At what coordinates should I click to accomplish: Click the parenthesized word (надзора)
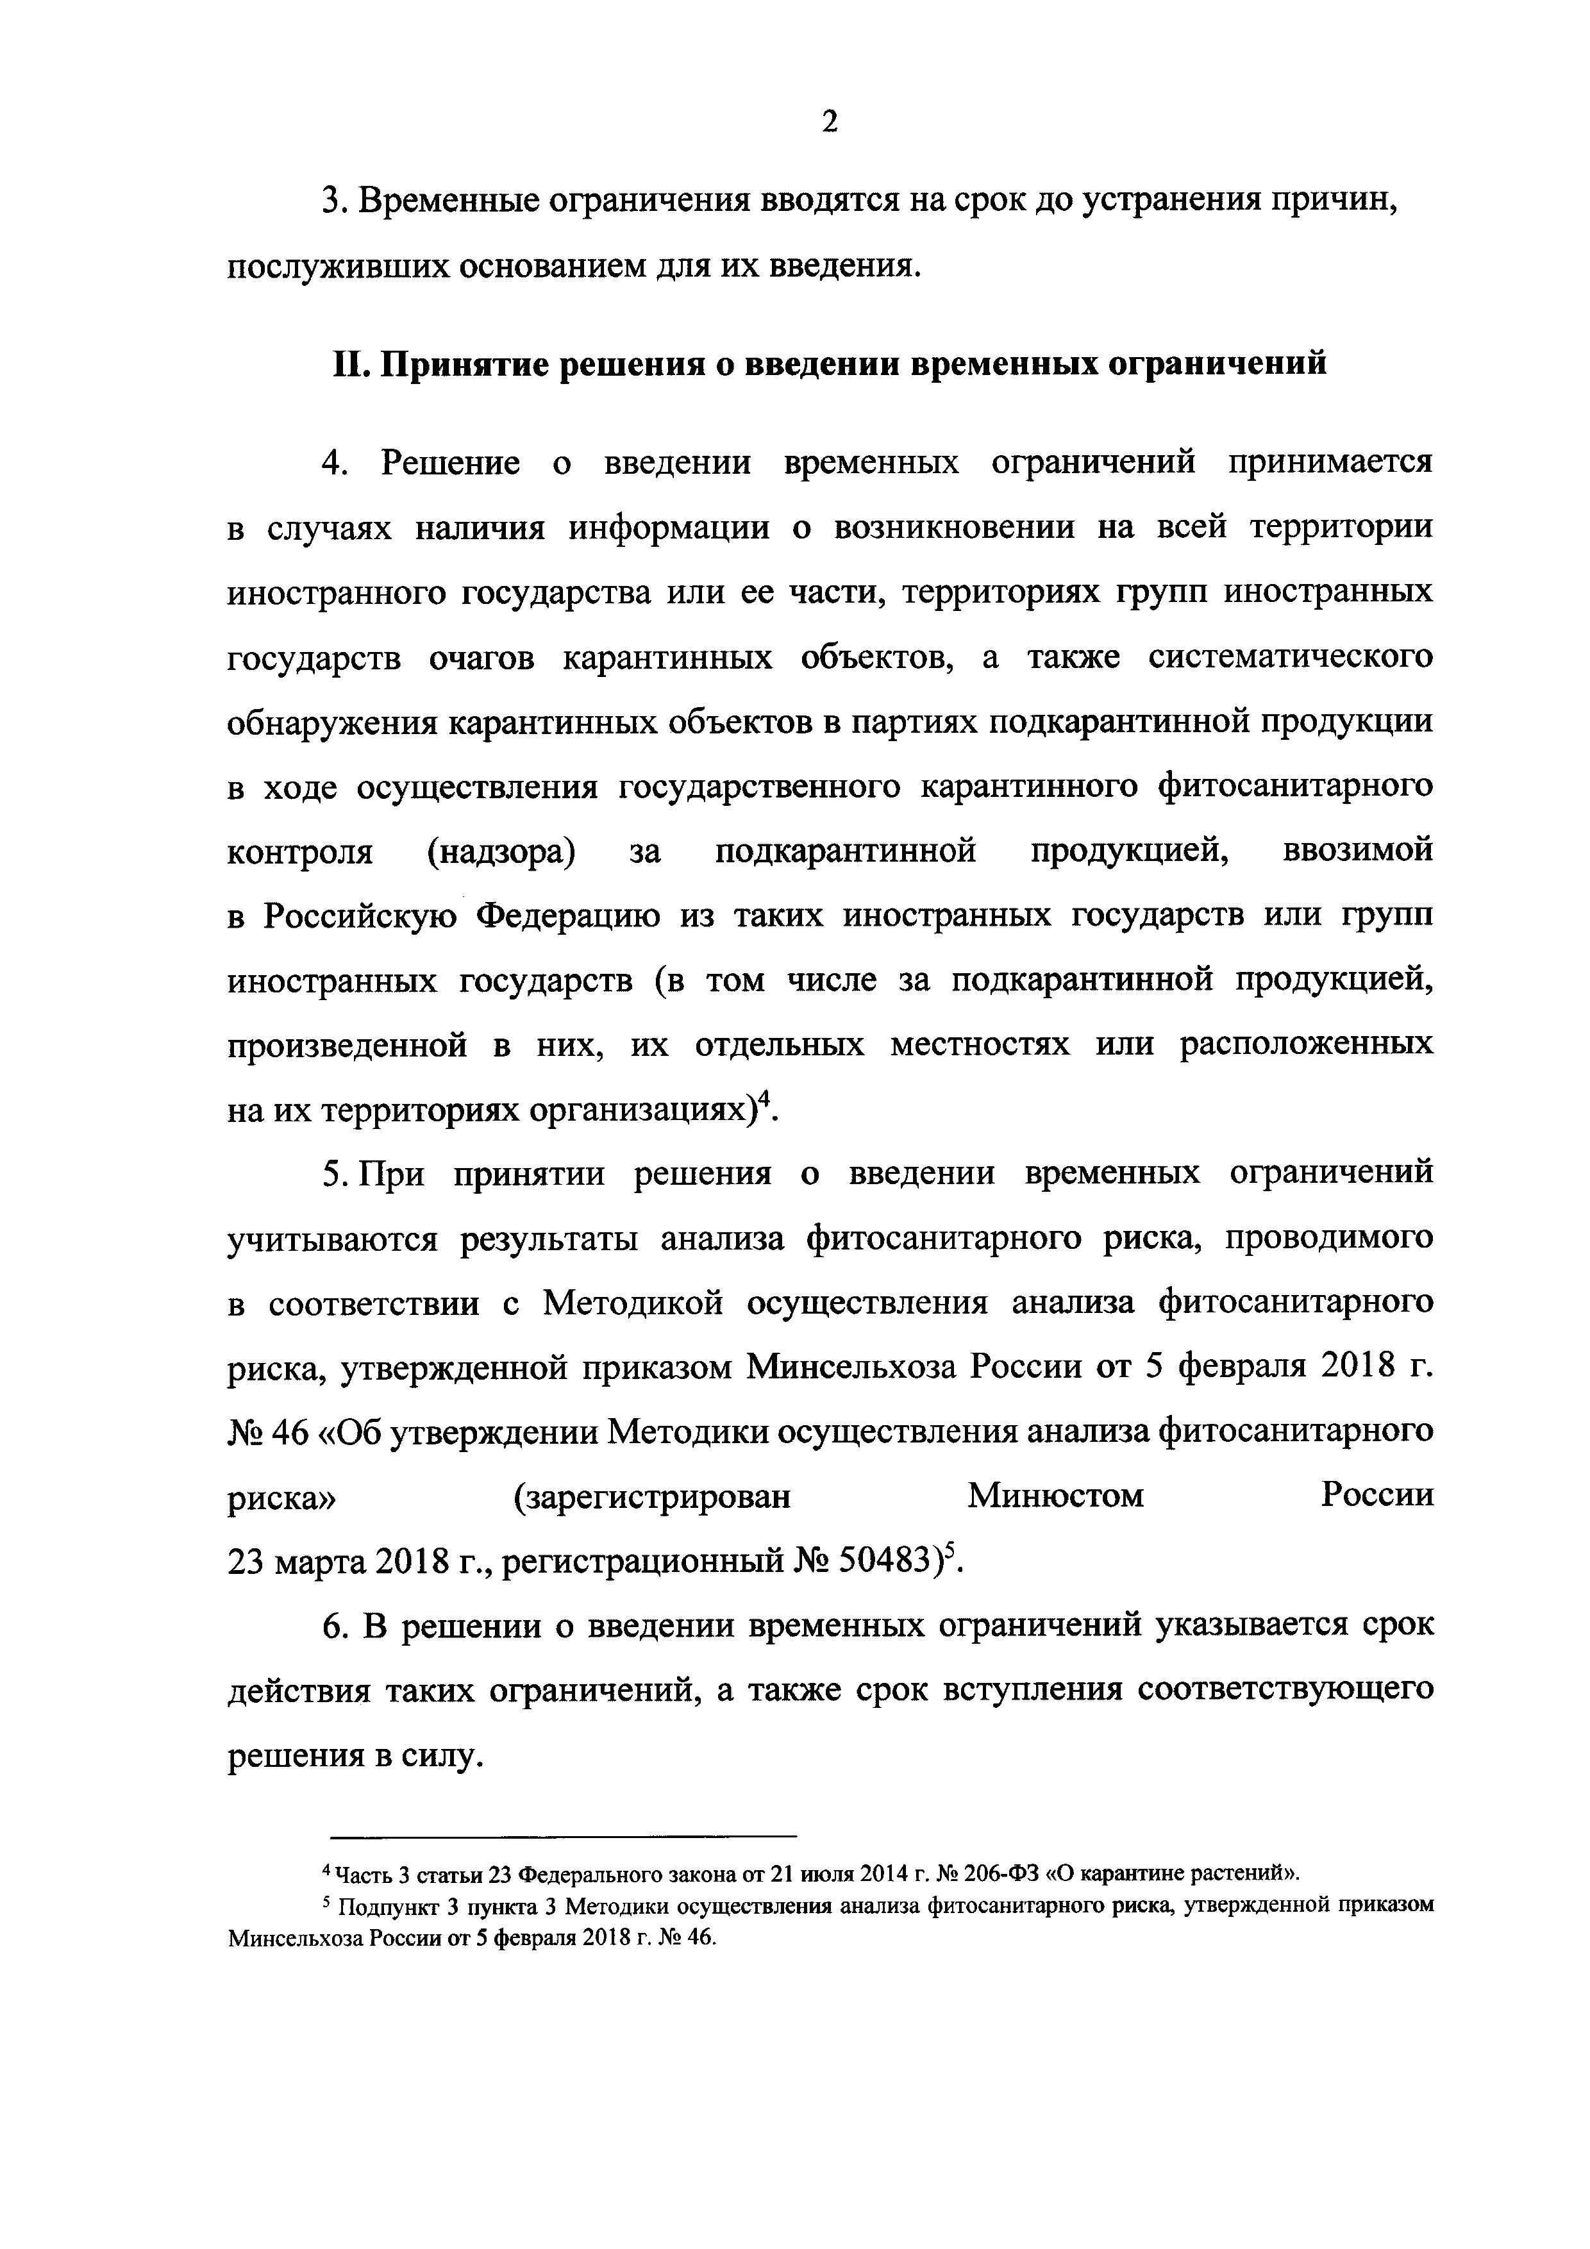501,851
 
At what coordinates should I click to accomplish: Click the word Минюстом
1055,1496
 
